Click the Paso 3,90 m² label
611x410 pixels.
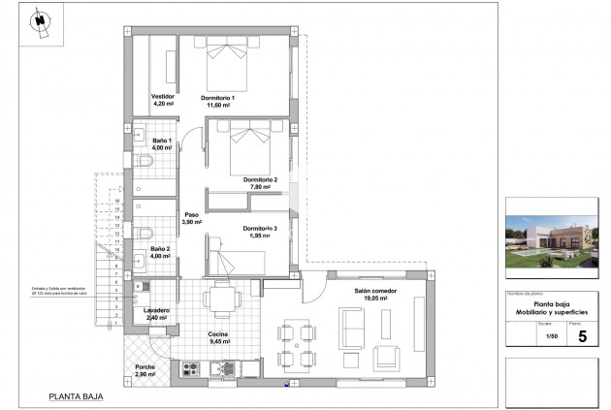tap(191, 218)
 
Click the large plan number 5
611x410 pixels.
tap(582, 336)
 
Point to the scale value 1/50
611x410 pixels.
tap(551, 336)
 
